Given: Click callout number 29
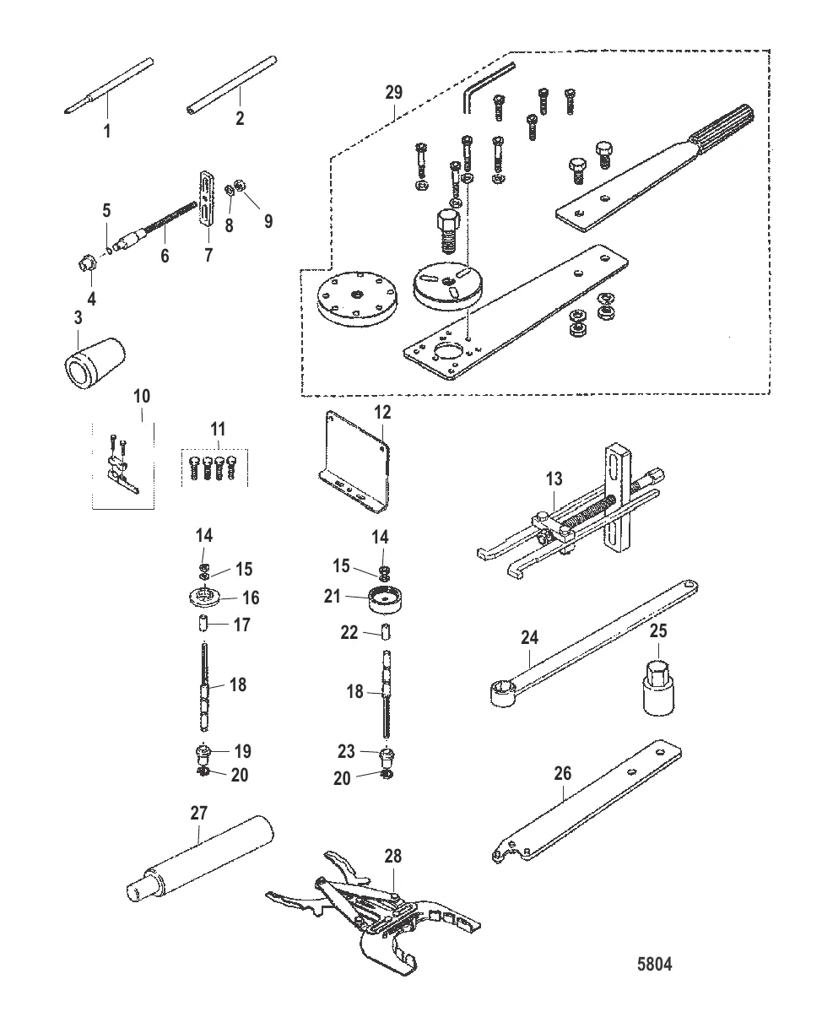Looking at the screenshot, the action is click(x=394, y=92).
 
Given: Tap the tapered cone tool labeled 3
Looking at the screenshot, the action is click(x=95, y=365).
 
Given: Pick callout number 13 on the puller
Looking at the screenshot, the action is click(x=554, y=479).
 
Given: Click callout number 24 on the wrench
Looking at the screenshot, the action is click(x=530, y=637).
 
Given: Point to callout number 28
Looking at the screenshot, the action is click(x=393, y=856).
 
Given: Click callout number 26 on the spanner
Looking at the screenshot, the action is click(x=563, y=773).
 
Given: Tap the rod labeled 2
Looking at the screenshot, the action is click(x=231, y=85).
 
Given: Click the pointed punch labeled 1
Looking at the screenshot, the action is click(x=108, y=86).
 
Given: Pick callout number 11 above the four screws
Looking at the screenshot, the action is click(x=218, y=430).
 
